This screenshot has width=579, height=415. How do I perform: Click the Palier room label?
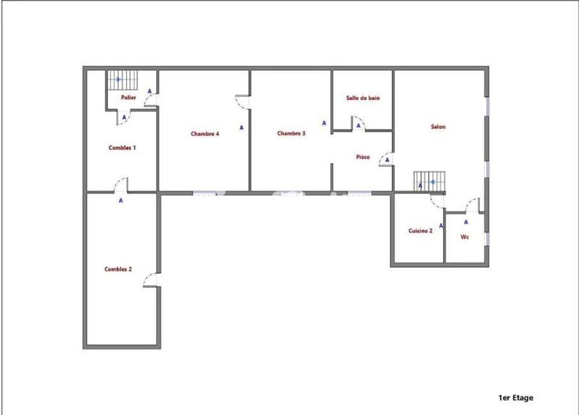(x=129, y=96)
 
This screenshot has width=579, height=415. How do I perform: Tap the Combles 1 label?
(x=122, y=147)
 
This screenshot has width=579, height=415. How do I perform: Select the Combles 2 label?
(x=118, y=269)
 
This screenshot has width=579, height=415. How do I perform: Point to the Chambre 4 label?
(x=205, y=133)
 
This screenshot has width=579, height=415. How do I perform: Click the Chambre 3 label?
(x=291, y=133)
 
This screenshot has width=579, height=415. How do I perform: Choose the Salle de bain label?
(x=363, y=97)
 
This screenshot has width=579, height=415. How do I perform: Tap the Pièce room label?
(x=364, y=156)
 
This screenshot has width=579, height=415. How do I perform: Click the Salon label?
(x=438, y=127)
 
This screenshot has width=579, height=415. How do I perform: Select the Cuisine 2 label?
(x=420, y=230)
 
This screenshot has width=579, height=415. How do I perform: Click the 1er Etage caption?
(x=516, y=398)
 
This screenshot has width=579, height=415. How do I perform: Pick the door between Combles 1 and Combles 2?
(x=120, y=185)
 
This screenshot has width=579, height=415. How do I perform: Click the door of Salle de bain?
(x=358, y=127)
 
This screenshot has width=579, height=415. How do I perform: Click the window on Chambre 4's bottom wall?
(x=205, y=193)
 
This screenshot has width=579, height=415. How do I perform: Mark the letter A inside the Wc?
(x=465, y=222)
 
